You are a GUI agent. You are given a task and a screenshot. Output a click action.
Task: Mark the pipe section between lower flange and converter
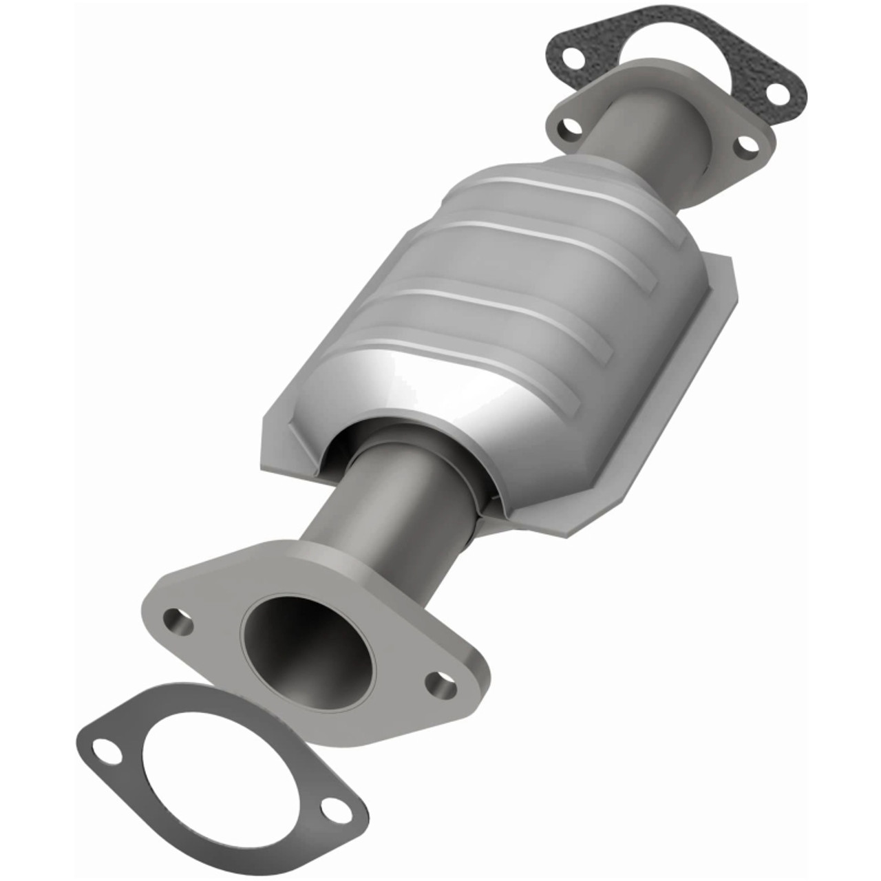coord(385,509)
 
